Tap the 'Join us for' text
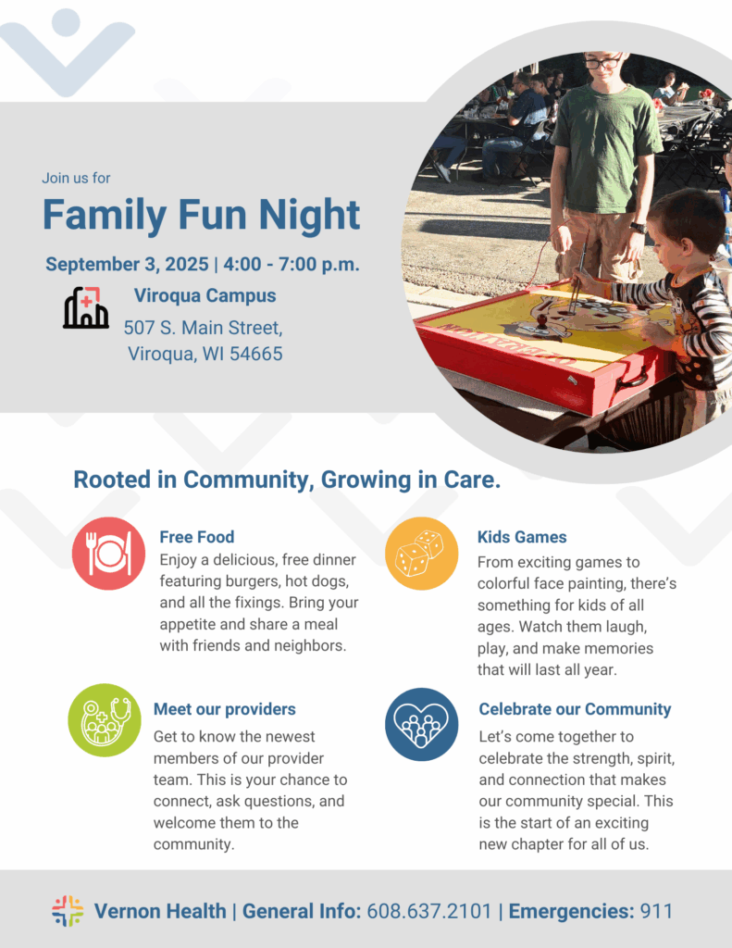(76, 178)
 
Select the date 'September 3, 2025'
(127, 264)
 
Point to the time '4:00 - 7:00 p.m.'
(292, 264)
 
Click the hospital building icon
(86, 307)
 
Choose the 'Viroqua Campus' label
(205, 295)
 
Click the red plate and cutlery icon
(109, 554)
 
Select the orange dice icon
(421, 554)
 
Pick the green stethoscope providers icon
(105, 720)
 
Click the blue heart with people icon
(421, 724)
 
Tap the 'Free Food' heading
(197, 537)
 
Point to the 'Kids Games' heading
(522, 537)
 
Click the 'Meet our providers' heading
(225, 709)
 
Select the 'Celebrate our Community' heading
(575, 709)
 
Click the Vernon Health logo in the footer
(68, 911)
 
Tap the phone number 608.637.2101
(429, 911)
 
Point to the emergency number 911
(656, 911)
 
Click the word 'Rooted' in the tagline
(112, 480)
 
